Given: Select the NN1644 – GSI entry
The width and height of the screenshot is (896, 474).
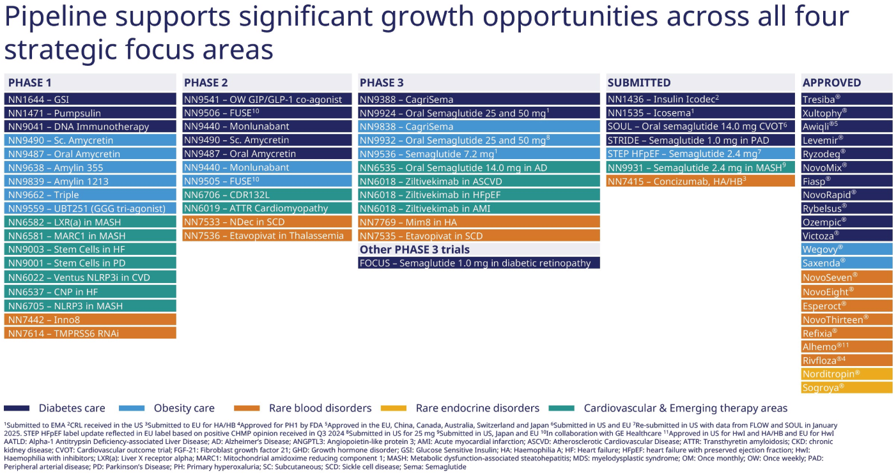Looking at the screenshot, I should (x=90, y=99).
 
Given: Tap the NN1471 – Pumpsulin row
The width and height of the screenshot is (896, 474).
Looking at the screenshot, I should (x=90, y=113).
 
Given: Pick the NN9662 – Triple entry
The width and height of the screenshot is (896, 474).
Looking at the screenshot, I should (x=90, y=195).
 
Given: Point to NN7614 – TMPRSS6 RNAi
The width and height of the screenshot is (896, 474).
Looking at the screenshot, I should (x=90, y=333).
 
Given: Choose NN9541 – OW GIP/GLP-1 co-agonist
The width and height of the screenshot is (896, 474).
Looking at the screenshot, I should (x=267, y=99).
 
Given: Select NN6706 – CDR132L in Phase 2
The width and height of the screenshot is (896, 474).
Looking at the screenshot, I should (x=267, y=195).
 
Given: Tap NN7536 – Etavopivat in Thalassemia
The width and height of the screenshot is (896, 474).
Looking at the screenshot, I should (x=267, y=236).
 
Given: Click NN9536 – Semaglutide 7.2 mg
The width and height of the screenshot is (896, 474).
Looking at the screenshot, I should (x=479, y=154).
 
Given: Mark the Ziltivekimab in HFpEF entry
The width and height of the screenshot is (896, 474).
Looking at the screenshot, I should (x=479, y=195).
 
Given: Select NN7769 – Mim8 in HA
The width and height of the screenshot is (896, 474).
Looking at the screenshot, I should (x=479, y=222).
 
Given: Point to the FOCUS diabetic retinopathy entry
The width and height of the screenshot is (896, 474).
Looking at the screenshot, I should (x=479, y=263).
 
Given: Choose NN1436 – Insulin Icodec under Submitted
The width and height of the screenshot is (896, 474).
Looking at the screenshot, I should (x=700, y=99).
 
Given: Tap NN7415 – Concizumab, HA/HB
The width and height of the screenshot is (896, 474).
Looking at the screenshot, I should (x=700, y=181).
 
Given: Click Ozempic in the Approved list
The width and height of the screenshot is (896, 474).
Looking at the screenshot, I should (x=847, y=222).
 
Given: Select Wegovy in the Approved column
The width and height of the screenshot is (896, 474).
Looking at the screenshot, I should (x=847, y=249).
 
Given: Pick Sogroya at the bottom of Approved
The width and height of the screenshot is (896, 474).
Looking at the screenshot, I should (x=847, y=387).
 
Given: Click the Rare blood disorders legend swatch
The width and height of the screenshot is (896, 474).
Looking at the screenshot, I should (x=245, y=408).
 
